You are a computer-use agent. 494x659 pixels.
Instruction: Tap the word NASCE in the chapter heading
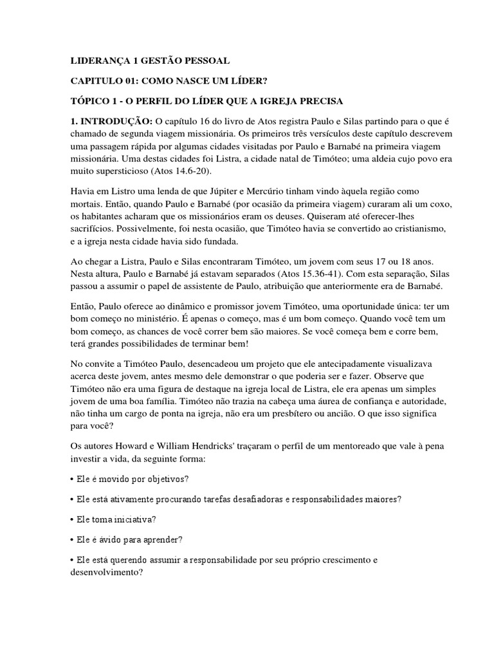tap(198, 81)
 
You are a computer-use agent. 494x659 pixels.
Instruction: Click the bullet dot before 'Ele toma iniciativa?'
tap(72, 519)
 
